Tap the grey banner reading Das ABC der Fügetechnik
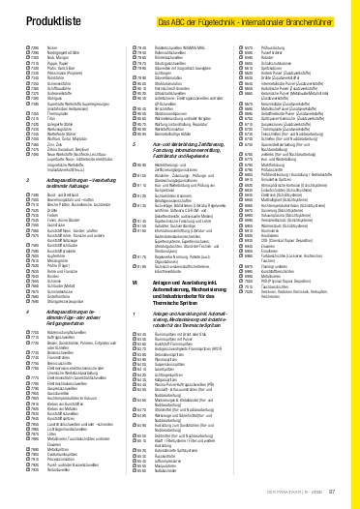click(249, 20)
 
